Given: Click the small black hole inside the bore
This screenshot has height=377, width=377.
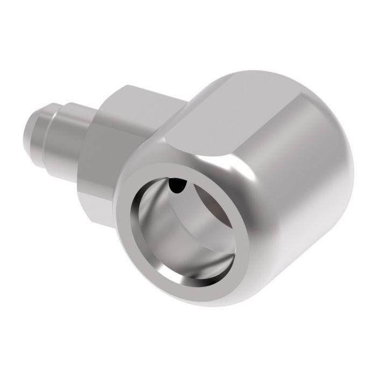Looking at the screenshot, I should point(176,186).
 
